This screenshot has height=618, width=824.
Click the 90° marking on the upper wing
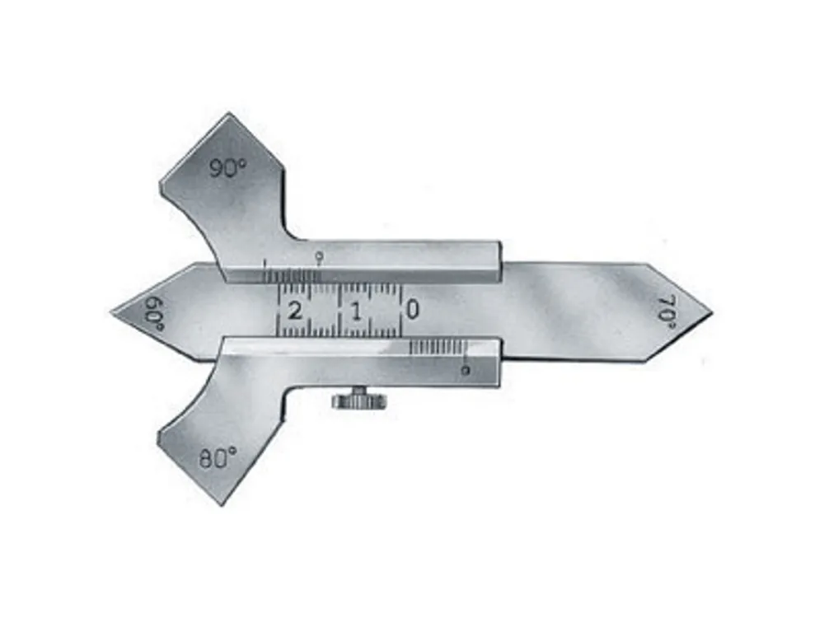[x=228, y=169]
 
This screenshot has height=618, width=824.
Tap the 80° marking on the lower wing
[x=218, y=458]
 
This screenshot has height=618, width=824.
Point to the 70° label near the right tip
[x=666, y=312]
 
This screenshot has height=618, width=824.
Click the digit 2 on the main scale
[x=295, y=311]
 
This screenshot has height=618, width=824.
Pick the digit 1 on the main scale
[x=357, y=311]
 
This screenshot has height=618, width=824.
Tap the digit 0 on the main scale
[x=413, y=310]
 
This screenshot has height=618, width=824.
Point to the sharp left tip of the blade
[x=111, y=313]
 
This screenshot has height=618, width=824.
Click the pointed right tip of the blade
[x=712, y=312]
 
